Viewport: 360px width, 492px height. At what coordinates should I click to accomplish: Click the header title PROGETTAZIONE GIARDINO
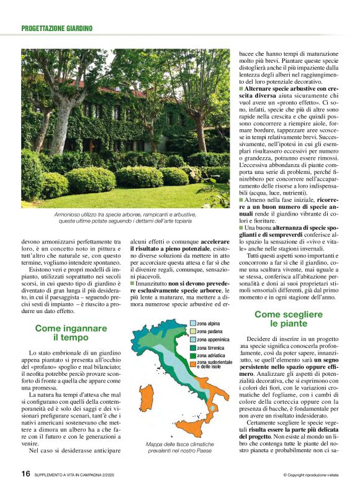[x=56, y=29]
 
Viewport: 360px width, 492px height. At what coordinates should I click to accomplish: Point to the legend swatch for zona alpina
[x=192, y=324]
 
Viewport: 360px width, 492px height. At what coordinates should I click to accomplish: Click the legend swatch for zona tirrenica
[x=192, y=348]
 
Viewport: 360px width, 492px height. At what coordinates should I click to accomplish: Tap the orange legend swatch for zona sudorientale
[x=192, y=364]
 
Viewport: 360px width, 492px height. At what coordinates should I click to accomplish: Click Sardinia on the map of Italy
[x=143, y=401]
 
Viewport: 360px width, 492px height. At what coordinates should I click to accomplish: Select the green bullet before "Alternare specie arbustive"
[x=241, y=89]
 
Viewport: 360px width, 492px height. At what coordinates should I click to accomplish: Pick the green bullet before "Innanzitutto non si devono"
[x=132, y=266]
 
